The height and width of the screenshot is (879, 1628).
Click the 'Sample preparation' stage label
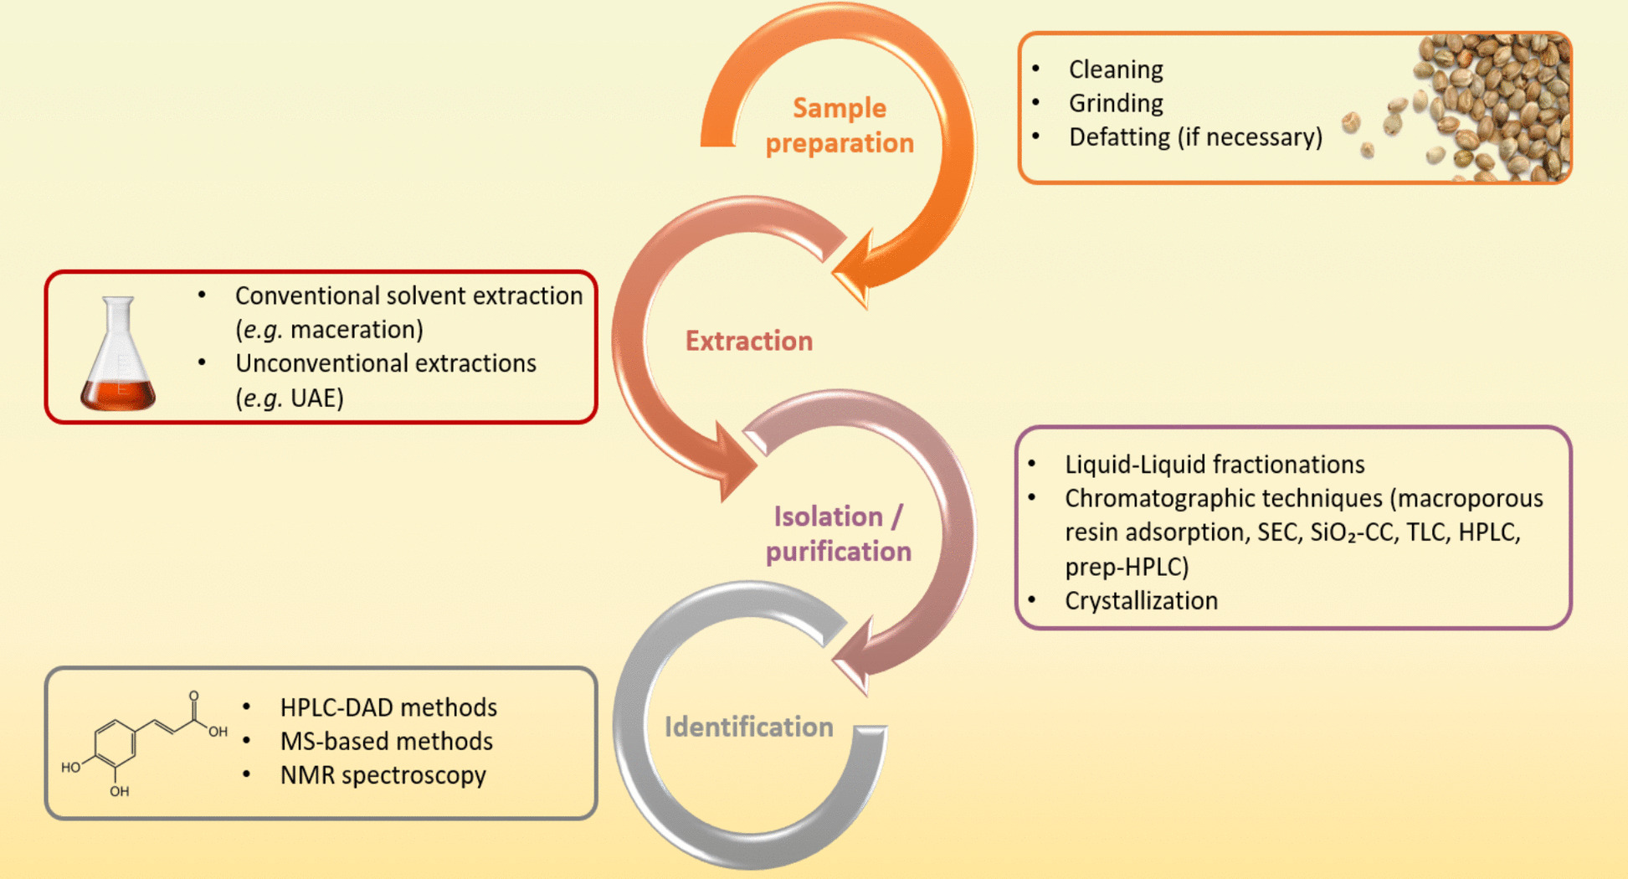click(x=839, y=126)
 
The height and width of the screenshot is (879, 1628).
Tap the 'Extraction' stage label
click(x=748, y=341)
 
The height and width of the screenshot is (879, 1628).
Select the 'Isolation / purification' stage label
click(x=838, y=533)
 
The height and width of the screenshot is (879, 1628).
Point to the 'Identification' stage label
click(x=748, y=727)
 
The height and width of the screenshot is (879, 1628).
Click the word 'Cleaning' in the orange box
click(x=1116, y=69)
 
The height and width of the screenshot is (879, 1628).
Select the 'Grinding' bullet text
click(x=1116, y=103)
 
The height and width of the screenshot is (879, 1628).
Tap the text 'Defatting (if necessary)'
click(x=1195, y=137)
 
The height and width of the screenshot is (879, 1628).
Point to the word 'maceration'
click(x=357, y=330)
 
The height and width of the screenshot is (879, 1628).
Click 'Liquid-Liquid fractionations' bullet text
click(x=1214, y=465)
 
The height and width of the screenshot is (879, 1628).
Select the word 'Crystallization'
click(x=1141, y=601)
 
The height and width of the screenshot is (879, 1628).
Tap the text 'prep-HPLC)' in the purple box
click(x=1127, y=567)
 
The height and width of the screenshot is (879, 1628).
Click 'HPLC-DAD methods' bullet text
click(x=388, y=707)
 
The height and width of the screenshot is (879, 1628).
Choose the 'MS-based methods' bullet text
click(x=386, y=742)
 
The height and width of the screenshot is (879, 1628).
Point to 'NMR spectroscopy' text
click(x=383, y=775)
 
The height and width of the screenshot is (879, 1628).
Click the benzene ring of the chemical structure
click(x=115, y=743)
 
